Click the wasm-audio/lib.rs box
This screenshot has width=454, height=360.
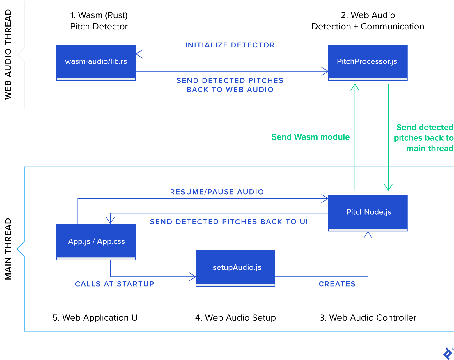click(x=96, y=62)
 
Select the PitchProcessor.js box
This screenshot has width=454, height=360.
click(x=368, y=62)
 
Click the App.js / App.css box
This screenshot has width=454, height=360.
click(x=96, y=241)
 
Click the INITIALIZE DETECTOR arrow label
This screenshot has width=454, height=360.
click(x=230, y=45)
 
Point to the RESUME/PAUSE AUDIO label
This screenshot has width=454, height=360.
click(x=217, y=192)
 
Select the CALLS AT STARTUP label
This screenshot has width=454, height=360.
click(x=115, y=284)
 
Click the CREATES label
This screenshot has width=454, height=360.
click(x=337, y=284)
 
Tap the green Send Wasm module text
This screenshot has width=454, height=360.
click(x=311, y=137)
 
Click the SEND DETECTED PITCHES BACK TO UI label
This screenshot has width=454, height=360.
click(x=229, y=222)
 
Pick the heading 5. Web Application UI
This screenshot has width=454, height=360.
click(x=96, y=317)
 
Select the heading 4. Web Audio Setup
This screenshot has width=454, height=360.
click(x=235, y=317)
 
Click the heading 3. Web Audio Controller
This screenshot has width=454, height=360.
click(x=368, y=317)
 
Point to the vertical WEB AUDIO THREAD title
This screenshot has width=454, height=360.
click(x=8, y=54)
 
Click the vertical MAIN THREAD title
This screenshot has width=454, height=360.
click(x=8, y=249)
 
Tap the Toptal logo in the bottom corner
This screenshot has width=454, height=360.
click(x=448, y=354)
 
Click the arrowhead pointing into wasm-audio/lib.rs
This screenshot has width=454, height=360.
click(x=139, y=54)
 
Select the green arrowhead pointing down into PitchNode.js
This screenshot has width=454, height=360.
click(x=388, y=187)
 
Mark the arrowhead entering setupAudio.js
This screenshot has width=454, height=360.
click(x=193, y=277)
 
